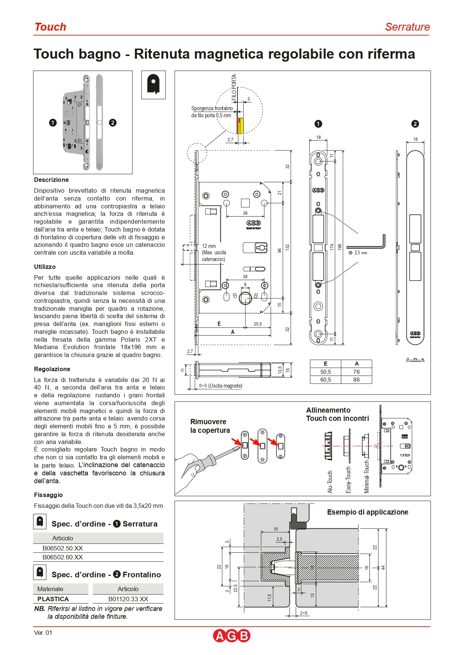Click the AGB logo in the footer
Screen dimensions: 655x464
[x=231, y=636]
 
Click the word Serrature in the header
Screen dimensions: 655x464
[x=407, y=27]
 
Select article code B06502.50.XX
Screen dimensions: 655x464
[x=62, y=548]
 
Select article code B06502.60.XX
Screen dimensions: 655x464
[x=62, y=557]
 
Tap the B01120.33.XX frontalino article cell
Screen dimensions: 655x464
[x=128, y=599]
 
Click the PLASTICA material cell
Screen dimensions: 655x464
[x=53, y=599]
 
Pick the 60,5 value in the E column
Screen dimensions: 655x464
[x=325, y=380]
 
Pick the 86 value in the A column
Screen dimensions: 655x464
[x=356, y=380]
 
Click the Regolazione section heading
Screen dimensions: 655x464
[x=52, y=369]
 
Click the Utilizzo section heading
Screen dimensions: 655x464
[x=45, y=267]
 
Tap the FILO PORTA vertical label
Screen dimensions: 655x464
[x=234, y=88]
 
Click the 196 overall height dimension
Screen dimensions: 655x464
[x=340, y=247]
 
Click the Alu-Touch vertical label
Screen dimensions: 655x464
[x=330, y=482]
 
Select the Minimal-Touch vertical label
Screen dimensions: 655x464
[x=366, y=476]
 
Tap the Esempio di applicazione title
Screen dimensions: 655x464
[x=368, y=512]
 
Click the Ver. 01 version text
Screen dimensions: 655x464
[x=43, y=633]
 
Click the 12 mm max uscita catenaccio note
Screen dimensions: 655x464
[x=213, y=252]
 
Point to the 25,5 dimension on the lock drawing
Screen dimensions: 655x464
[x=258, y=324]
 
